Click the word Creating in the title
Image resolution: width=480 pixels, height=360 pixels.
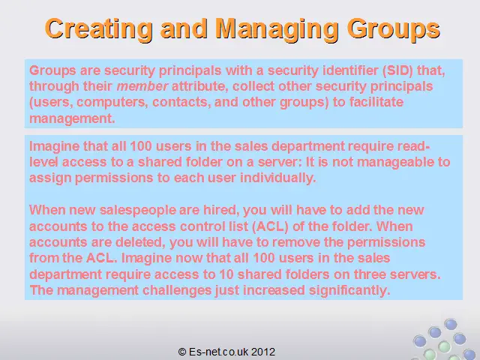(x=98, y=28)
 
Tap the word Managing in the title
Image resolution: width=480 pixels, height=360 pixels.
(x=277, y=29)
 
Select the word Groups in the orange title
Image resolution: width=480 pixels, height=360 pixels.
(x=393, y=29)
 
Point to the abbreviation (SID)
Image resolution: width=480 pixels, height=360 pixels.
(x=397, y=70)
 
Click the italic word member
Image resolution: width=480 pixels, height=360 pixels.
(x=142, y=86)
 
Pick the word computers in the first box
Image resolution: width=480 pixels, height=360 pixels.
(x=112, y=102)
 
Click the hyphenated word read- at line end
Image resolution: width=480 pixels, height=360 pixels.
(x=413, y=146)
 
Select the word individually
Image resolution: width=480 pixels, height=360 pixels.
(x=278, y=178)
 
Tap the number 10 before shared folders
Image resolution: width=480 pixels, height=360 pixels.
(x=226, y=274)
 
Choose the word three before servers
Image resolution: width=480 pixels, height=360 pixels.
(x=368, y=274)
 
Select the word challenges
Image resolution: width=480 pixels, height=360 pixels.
(x=177, y=290)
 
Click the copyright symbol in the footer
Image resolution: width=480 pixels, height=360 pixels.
(x=182, y=352)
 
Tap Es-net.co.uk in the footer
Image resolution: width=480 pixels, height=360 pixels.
(x=218, y=352)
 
